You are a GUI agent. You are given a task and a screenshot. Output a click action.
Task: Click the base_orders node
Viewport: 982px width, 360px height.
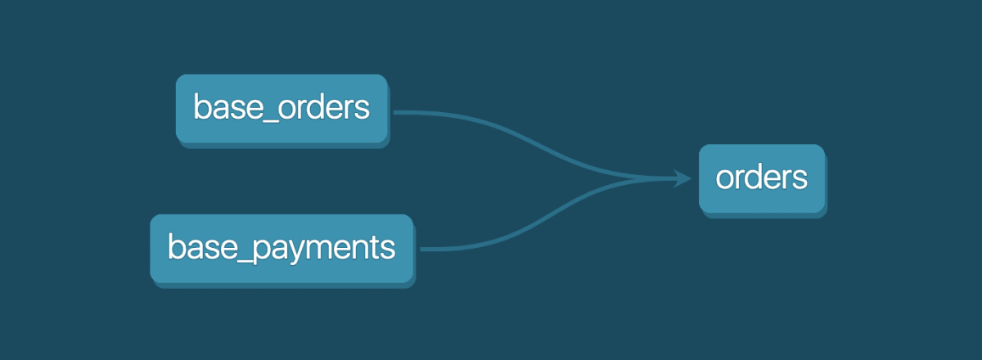click(x=282, y=109)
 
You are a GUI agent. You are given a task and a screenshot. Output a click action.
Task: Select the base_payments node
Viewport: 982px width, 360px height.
click(x=281, y=248)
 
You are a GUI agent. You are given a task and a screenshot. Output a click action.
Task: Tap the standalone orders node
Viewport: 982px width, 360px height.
click(x=761, y=178)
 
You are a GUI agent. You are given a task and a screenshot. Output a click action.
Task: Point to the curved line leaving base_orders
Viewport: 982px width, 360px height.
click(x=507, y=135)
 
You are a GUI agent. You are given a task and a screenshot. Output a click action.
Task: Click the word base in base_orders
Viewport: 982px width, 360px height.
click(x=226, y=108)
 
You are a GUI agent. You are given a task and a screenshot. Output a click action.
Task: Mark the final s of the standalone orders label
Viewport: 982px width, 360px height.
click(x=800, y=179)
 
